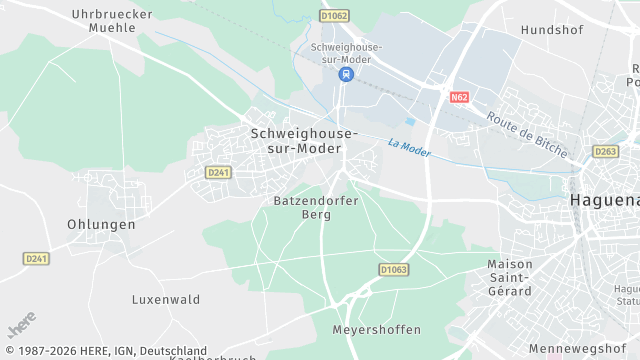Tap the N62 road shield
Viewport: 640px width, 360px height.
pyautogui.click(x=459, y=97)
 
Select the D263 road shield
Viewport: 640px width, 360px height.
pyautogui.click(x=606, y=152)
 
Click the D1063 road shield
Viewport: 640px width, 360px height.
pyautogui.click(x=394, y=269)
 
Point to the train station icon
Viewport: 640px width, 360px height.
pyautogui.click(x=345, y=74)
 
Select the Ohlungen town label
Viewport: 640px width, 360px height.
pyautogui.click(x=101, y=224)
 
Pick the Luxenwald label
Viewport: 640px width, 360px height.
pyautogui.click(x=166, y=299)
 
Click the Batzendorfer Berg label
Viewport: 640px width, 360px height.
pyautogui.click(x=316, y=207)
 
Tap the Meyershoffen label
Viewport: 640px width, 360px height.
pyautogui.click(x=377, y=329)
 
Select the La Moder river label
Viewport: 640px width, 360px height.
pyautogui.click(x=408, y=148)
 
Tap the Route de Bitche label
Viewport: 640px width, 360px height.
pyautogui.click(x=527, y=134)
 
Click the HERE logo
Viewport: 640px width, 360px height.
pyautogui.click(x=20, y=328)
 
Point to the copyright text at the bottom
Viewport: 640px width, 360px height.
pyautogui.click(x=105, y=351)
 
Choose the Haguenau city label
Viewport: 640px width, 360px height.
pyautogui.click(x=604, y=201)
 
